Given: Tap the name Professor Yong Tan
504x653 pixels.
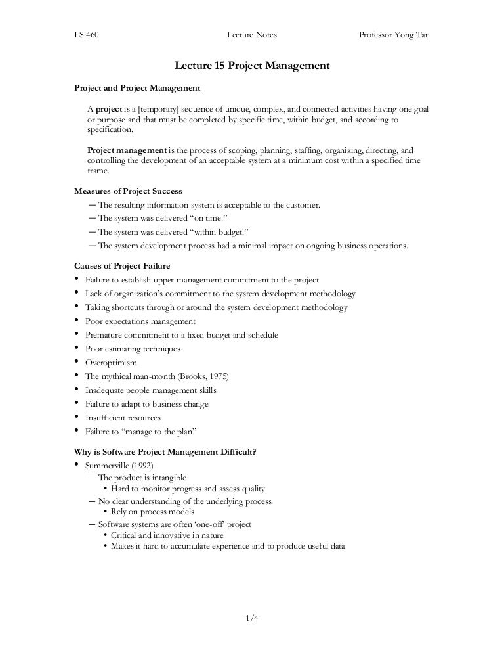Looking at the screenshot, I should click(x=394, y=35).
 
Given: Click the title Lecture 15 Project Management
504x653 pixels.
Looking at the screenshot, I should click(x=251, y=66).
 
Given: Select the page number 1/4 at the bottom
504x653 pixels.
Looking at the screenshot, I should click(x=252, y=618).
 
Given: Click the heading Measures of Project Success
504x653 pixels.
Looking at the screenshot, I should click(x=128, y=191).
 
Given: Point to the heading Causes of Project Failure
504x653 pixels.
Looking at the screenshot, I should click(x=123, y=266).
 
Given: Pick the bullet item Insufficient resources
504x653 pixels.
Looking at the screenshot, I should click(x=123, y=418).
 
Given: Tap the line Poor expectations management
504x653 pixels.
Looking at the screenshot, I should click(x=140, y=321).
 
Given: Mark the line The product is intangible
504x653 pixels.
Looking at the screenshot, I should click(x=142, y=478).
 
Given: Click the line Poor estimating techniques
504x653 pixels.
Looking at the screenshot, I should click(x=133, y=349).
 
